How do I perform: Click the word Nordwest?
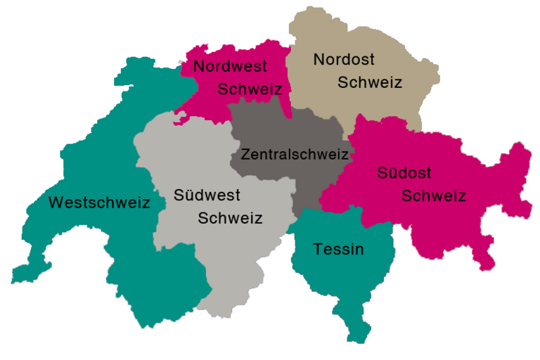(230, 67)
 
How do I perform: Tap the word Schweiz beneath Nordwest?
(250, 89)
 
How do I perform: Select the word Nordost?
(344, 59)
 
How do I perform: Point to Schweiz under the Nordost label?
(370, 82)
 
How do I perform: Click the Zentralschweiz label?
(295, 154)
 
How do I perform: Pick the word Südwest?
(207, 195)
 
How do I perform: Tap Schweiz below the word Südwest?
(230, 218)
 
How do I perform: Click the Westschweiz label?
(99, 203)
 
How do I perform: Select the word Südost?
(404, 172)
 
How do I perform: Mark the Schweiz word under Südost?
(433, 195)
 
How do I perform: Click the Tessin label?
(338, 249)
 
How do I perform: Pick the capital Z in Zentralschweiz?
(245, 154)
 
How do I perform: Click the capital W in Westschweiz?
(56, 203)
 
